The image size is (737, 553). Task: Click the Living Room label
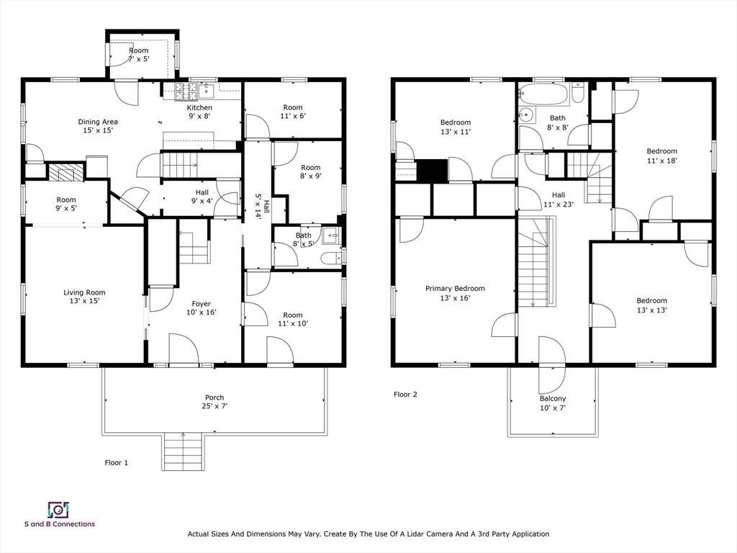85,297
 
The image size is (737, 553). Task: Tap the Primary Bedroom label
455,293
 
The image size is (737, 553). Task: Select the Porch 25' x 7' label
214,402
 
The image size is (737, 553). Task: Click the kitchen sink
206,90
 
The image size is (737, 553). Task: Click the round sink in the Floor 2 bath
526,114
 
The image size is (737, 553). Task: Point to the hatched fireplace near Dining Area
66,172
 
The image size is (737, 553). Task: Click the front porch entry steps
183,451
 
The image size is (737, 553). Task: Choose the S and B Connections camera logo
59,509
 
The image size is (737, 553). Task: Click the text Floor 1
116,463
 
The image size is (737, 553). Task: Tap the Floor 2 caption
405,395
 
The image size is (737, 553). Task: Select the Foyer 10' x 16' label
202,308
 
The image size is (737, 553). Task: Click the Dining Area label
98,126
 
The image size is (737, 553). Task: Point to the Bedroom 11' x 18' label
662,156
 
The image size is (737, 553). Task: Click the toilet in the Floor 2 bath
578,93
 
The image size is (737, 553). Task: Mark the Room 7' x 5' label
139,55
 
